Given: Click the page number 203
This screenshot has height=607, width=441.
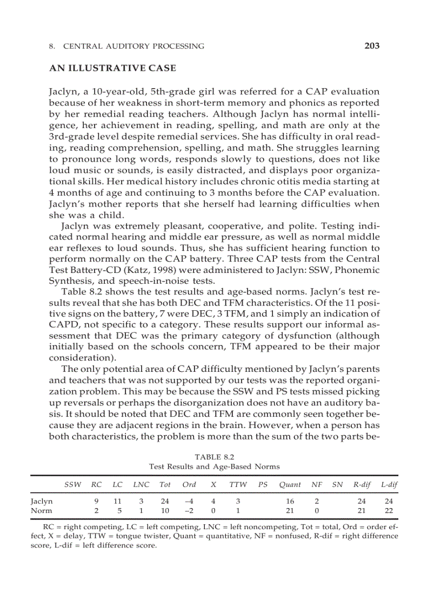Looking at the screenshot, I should pyautogui.click(x=372, y=46).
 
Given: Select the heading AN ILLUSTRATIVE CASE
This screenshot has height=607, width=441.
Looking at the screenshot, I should pyautogui.click(x=112, y=68).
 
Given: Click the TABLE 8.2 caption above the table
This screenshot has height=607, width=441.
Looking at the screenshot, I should pyautogui.click(x=214, y=456).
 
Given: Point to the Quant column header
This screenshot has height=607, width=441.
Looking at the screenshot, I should pyautogui.click(x=290, y=485).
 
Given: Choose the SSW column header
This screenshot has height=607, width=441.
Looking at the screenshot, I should pyautogui.click(x=73, y=485).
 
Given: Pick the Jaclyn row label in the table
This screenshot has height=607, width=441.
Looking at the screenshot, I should pyautogui.click(x=42, y=502).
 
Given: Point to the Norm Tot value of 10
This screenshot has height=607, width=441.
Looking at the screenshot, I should pyautogui.click(x=165, y=510).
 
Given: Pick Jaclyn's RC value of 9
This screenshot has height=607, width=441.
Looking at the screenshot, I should pyautogui.click(x=96, y=502).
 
